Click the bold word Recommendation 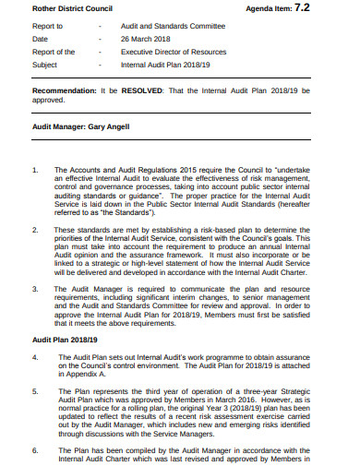point(68,92)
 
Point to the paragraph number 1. point(35,171)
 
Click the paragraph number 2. point(35,229)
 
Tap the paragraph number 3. point(35,288)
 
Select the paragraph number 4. point(35,354)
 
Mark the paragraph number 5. point(35,389)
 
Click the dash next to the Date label point(100,40)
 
